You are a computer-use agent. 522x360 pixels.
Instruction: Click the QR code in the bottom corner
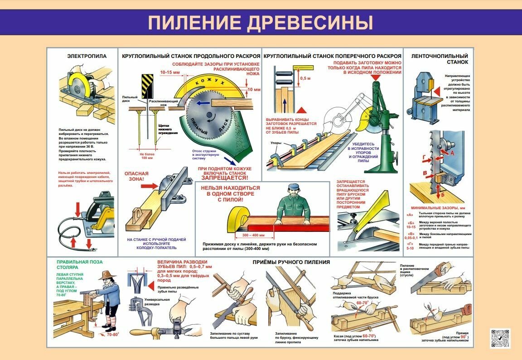click(x=500, y=338)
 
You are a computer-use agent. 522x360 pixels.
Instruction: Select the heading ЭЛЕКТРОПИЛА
click(x=87, y=57)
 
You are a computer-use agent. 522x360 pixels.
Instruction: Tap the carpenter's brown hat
click(x=107, y=275)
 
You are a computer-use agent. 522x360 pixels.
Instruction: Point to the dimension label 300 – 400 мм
click(x=253, y=235)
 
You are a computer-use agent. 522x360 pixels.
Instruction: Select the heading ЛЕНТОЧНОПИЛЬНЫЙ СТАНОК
click(x=439, y=59)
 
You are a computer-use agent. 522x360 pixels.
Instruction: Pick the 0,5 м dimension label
click(x=305, y=78)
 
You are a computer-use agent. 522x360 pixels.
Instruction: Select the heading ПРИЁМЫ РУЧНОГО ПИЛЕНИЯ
click(x=291, y=262)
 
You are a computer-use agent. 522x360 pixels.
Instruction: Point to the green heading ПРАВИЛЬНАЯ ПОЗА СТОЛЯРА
click(x=79, y=264)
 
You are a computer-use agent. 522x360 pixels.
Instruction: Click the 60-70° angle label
click(x=361, y=302)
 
